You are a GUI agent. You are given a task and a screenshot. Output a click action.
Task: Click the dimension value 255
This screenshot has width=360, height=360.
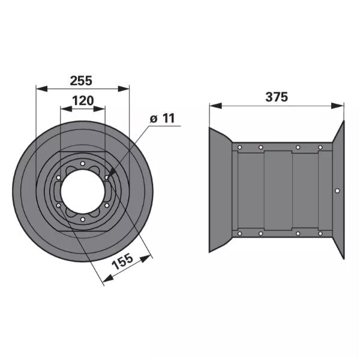(81, 81)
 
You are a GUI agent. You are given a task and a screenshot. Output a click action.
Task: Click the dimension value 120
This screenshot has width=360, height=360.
(83, 101)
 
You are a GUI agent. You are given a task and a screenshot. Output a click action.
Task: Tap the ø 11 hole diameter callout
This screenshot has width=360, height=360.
(163, 119)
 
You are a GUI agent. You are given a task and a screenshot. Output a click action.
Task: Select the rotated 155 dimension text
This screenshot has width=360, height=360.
(122, 262)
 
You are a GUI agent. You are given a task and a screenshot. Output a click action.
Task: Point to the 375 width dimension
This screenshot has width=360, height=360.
(277, 97)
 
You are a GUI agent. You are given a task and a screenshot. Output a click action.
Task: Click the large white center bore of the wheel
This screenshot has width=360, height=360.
(83, 192)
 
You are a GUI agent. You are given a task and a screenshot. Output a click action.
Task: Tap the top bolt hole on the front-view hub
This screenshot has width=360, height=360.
(83, 164)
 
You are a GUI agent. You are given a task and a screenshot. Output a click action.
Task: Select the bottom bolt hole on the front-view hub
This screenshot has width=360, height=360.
(83, 220)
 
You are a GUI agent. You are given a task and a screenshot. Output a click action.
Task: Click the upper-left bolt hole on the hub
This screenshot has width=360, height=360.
(59, 178)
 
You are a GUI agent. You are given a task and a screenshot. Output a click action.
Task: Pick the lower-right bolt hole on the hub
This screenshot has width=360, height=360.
(107, 205)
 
